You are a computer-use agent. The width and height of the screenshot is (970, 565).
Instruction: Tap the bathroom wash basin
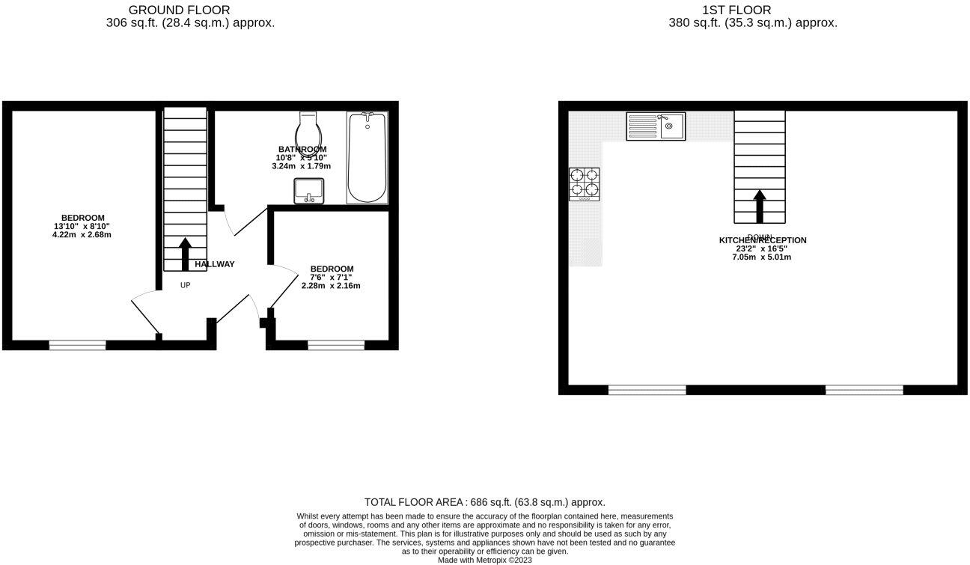pyautogui.click(x=308, y=191)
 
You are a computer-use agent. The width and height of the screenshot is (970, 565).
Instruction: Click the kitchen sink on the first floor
pyautogui.click(x=656, y=126)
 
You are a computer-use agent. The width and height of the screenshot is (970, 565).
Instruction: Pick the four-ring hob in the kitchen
pyautogui.click(x=585, y=183)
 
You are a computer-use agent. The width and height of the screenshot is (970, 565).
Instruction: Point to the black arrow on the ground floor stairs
pyautogui.click(x=185, y=254)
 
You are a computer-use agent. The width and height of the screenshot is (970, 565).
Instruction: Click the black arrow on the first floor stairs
pyautogui.click(x=759, y=206)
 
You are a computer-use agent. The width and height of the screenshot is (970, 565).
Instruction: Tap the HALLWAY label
pyautogui.click(x=215, y=264)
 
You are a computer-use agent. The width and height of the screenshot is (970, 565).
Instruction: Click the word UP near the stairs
pyautogui.click(x=185, y=285)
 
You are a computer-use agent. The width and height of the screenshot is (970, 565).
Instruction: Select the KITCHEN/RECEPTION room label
pyautogui.click(x=763, y=240)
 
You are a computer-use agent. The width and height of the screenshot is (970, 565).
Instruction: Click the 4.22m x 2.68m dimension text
pyautogui.click(x=82, y=234)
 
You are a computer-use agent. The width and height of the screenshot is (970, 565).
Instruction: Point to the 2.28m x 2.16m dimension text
pyautogui.click(x=331, y=285)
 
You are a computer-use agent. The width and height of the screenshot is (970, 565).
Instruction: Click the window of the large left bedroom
pyautogui.click(x=77, y=345)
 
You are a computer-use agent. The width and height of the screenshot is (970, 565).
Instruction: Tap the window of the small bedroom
pyautogui.click(x=336, y=345)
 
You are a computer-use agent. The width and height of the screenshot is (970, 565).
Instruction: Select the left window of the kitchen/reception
pyautogui.click(x=647, y=390)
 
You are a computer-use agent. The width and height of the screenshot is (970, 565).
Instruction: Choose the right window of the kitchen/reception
pyautogui.click(x=864, y=390)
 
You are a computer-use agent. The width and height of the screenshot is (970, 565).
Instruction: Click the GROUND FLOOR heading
pyautogui.click(x=180, y=10)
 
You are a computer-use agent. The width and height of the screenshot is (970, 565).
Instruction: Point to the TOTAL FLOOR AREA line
pyautogui.click(x=484, y=502)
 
